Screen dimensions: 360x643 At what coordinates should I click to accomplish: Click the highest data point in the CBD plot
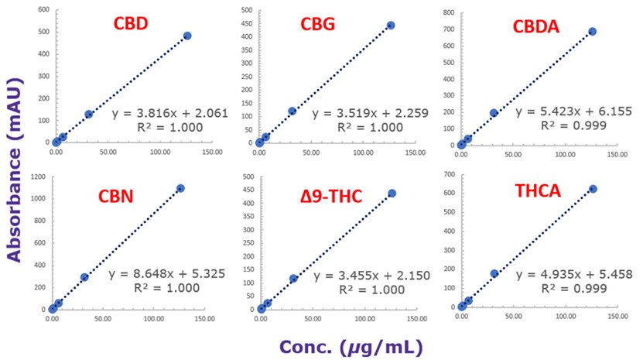pos(187,36)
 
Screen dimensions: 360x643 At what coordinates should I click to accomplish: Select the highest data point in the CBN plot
pos(180,188)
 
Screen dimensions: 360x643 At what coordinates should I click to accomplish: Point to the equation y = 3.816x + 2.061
pos(169,113)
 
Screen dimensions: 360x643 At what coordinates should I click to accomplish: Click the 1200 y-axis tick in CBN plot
pos(36,177)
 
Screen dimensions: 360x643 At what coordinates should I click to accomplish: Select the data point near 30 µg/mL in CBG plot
pos(292,111)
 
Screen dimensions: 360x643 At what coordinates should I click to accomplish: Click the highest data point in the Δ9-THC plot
pos(392,193)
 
